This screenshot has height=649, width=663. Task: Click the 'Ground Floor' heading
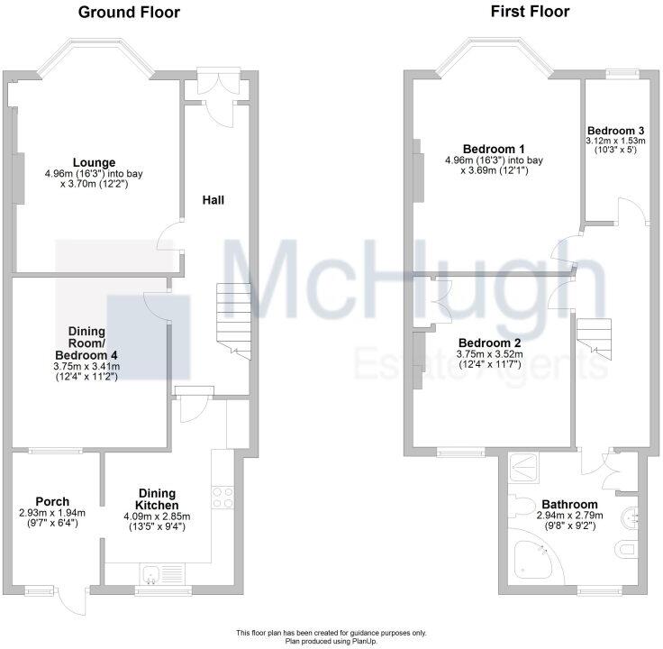coord(129,13)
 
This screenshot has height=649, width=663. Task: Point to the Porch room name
coord(52,502)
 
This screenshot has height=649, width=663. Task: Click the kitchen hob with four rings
coord(223,497)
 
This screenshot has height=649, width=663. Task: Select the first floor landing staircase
coord(595,335)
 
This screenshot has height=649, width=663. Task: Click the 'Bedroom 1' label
coord(495,149)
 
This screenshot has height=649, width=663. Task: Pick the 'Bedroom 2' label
coord(489,343)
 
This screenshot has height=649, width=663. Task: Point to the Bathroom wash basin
coord(632,516)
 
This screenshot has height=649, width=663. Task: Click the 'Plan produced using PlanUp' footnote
coord(331,641)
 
